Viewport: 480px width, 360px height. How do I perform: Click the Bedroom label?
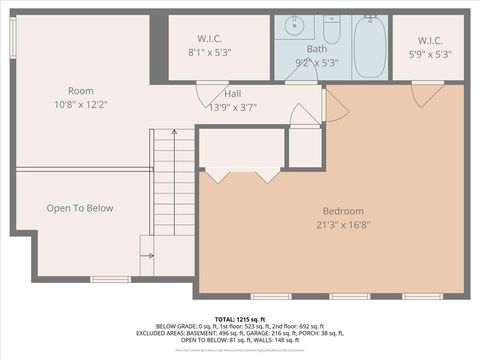[x=343, y=211]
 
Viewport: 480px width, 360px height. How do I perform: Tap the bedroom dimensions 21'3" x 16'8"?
[x=343, y=226]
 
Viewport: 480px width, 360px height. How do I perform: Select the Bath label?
[x=316, y=49]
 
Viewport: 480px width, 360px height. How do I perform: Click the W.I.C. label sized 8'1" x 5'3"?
[x=209, y=40]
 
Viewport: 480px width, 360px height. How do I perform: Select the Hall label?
[x=232, y=93]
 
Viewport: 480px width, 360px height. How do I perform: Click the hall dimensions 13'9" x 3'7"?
[x=232, y=106]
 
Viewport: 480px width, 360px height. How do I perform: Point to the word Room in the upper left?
[x=81, y=91]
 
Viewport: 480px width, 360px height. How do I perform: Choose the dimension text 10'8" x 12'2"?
[x=81, y=104]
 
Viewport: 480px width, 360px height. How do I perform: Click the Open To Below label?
[x=80, y=208]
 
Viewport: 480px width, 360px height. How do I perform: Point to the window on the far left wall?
[x=12, y=40]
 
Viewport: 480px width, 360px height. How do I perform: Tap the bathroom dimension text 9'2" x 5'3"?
[x=316, y=62]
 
